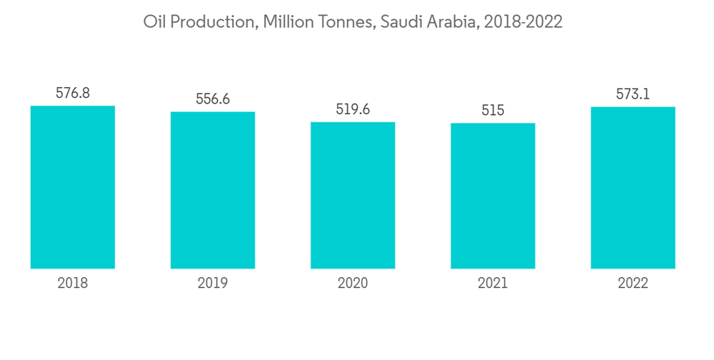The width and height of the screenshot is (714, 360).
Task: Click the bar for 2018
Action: pos(73,187)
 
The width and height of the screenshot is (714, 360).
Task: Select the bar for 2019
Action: pos(213,190)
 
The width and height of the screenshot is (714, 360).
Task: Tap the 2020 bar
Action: pos(353,195)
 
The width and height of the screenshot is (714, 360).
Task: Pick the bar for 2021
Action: pos(493,196)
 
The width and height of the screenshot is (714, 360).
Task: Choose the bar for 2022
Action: pos(633,188)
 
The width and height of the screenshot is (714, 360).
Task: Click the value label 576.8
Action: pos(73,94)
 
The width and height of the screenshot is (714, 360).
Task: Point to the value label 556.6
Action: pos(213,99)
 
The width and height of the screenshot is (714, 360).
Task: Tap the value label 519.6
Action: pos(353,110)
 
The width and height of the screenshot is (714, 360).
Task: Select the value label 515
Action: pos(493,111)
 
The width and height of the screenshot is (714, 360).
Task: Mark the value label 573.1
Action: pos(633,94)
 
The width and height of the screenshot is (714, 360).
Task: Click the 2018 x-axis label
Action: pos(73,284)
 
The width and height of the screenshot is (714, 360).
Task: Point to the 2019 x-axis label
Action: pos(213,284)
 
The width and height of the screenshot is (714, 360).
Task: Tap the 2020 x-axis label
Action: pos(353,284)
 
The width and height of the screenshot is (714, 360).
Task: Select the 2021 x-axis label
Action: pos(493,284)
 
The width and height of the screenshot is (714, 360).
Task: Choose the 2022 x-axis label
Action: pos(633,284)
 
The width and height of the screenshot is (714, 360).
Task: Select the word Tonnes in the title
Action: pos(346,22)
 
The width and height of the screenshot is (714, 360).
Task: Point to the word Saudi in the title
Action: pos(402,22)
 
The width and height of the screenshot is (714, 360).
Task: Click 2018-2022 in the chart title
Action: pos(523,22)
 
